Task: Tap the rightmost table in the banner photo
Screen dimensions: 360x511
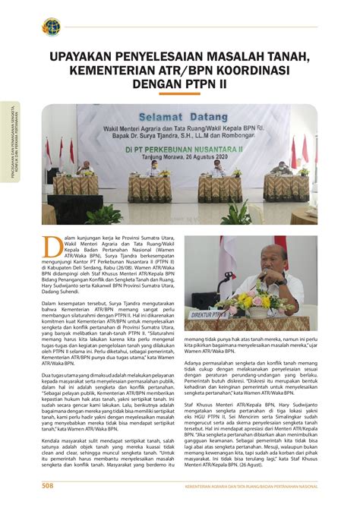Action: (286, 187)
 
